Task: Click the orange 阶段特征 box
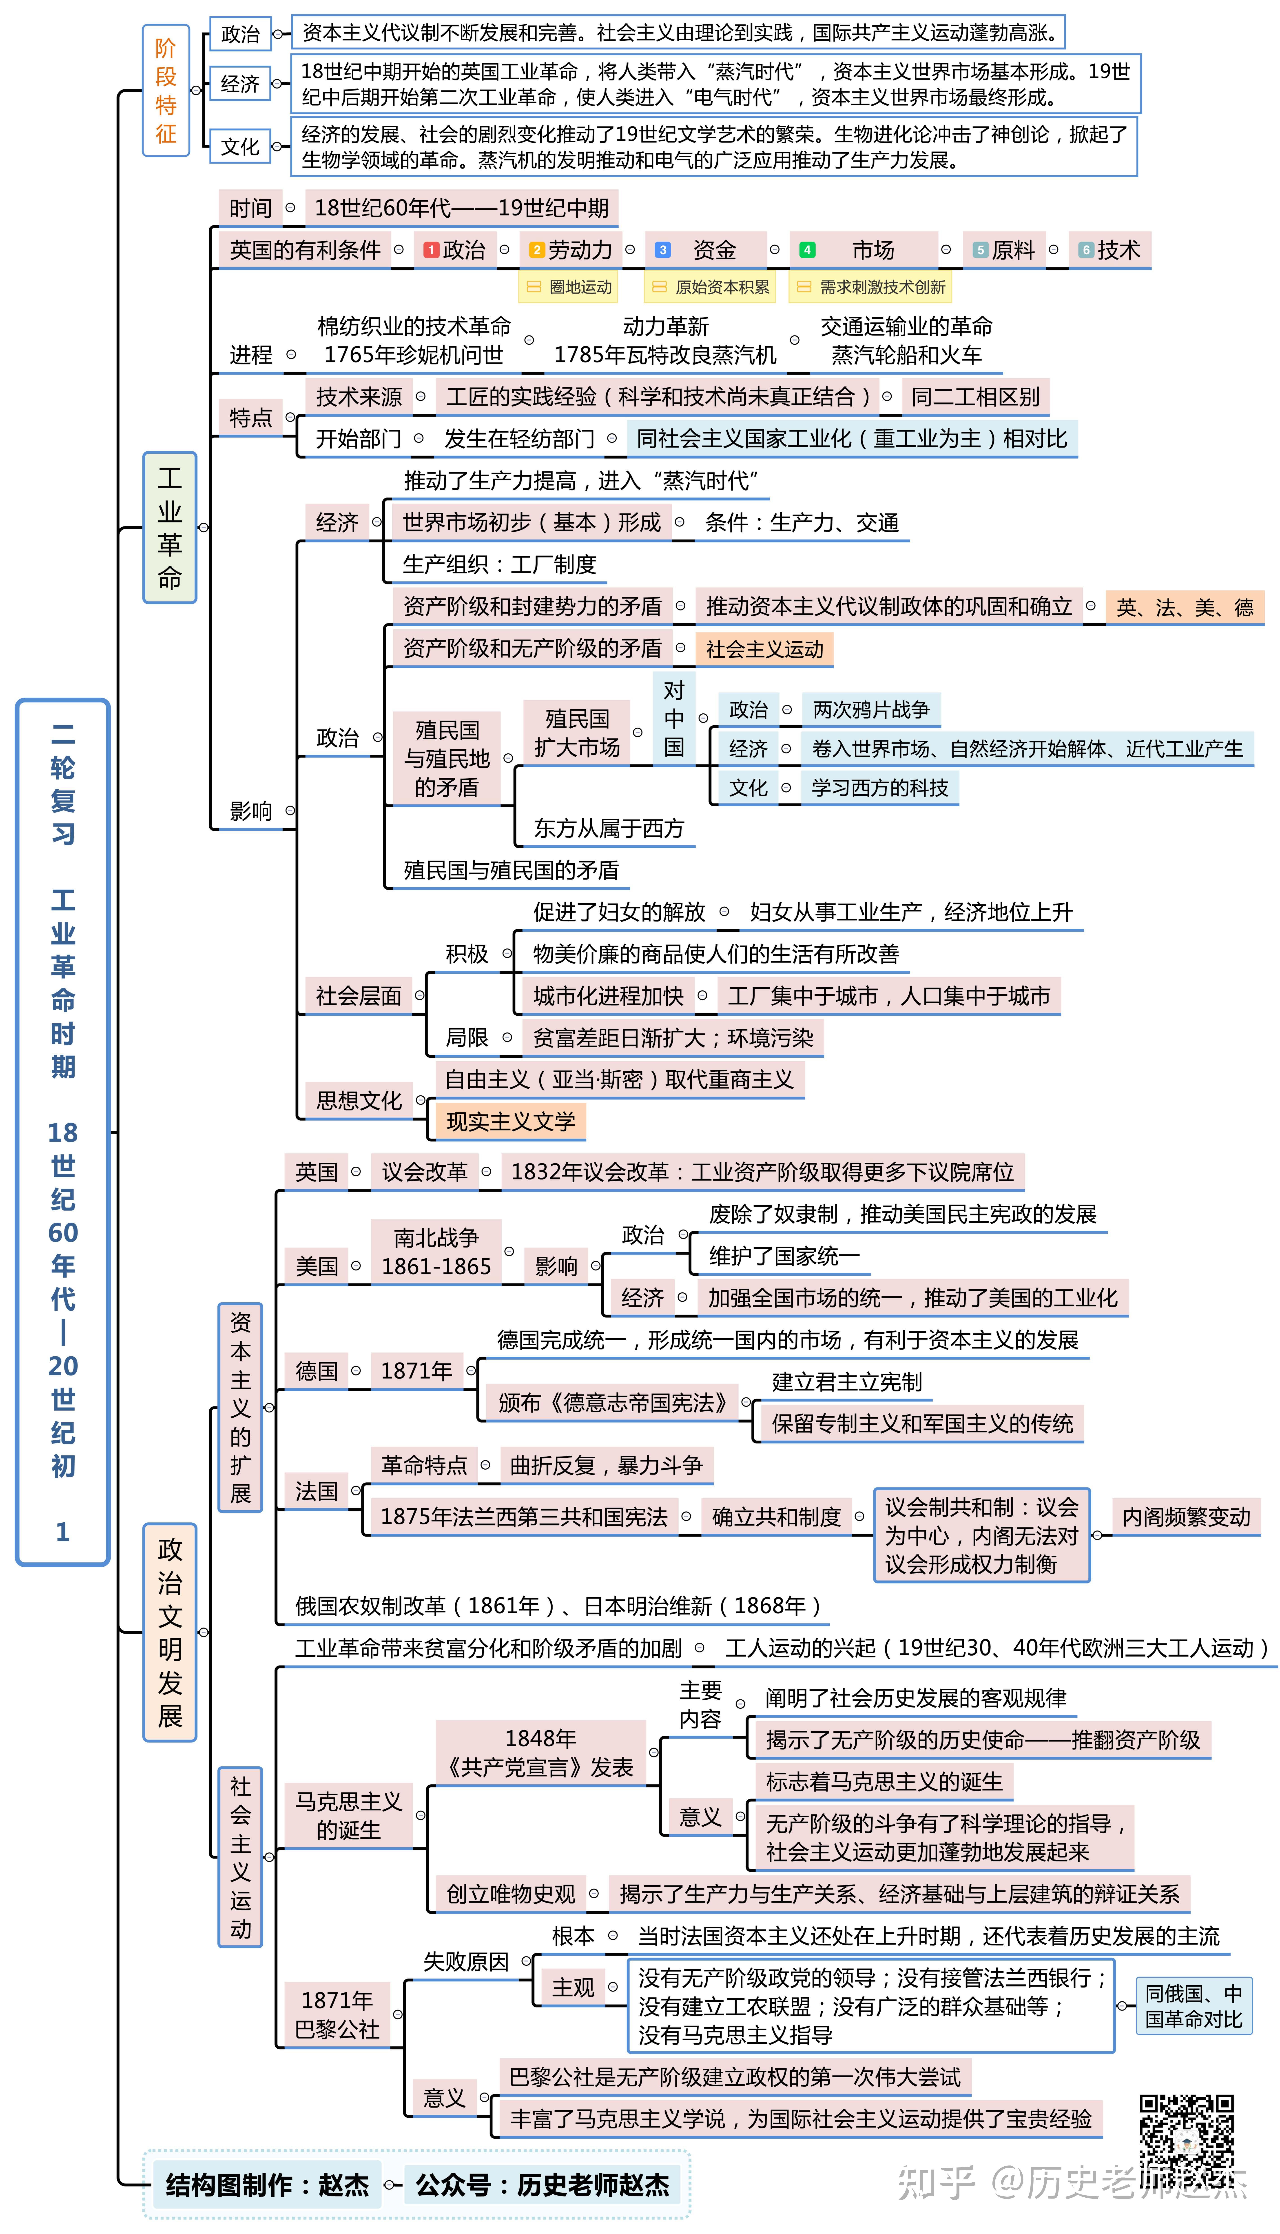pos(166,91)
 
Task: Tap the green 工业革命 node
pos(170,528)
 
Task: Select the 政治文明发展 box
pos(170,1632)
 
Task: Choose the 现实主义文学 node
pos(511,1121)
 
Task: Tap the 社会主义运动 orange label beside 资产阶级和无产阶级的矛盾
pos(764,649)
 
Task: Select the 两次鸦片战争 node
pos(870,709)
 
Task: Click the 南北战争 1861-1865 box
pos(436,1252)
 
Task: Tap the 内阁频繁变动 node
pos(1186,1517)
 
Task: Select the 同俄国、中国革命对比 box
pos(1193,2005)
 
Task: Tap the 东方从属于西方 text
pos(608,828)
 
